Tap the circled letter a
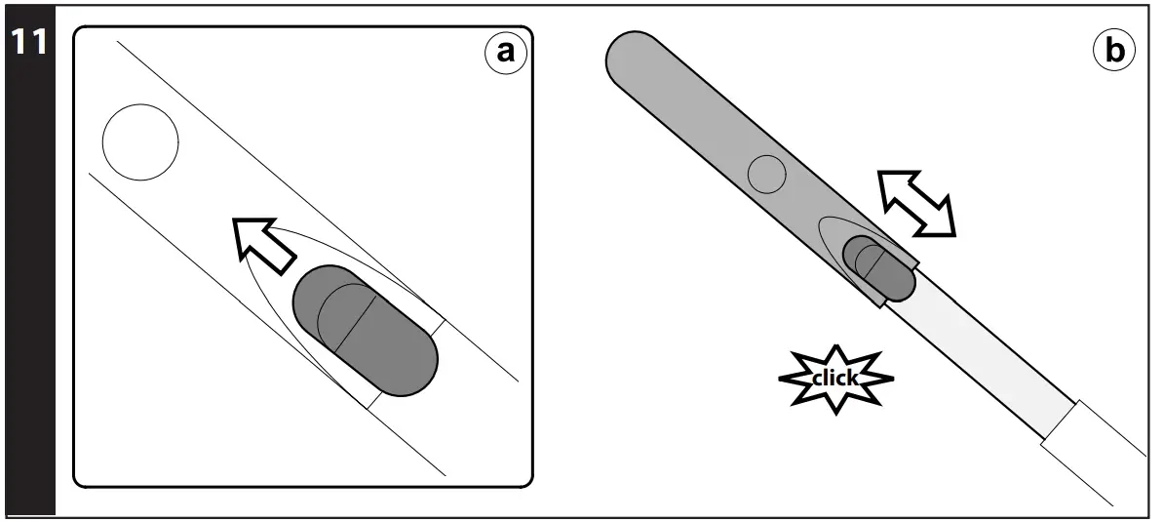505,52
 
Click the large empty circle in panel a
140,142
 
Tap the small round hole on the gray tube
766,175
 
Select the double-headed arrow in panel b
915,203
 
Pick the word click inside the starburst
834,378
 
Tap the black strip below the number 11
28,293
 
